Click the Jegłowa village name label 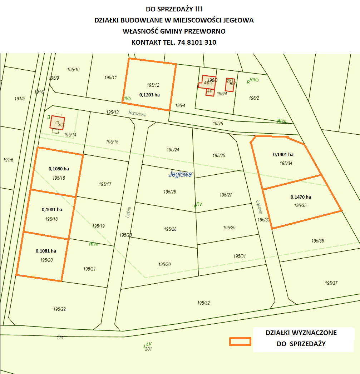click(180, 175)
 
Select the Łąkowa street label click(259, 206)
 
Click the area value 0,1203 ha click(149, 95)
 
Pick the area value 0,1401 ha click(283, 155)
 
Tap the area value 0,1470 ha click(301, 197)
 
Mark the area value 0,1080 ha click(59, 169)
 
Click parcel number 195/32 click(203, 303)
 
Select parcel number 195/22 click(59, 309)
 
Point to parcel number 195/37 click(331, 283)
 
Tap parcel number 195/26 click(170, 192)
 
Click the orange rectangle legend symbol click(240, 341)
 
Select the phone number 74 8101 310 click(197, 42)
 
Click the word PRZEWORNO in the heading click(206, 31)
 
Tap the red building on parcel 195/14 click(57, 123)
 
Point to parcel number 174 click(60, 337)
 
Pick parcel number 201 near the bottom click(148, 349)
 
